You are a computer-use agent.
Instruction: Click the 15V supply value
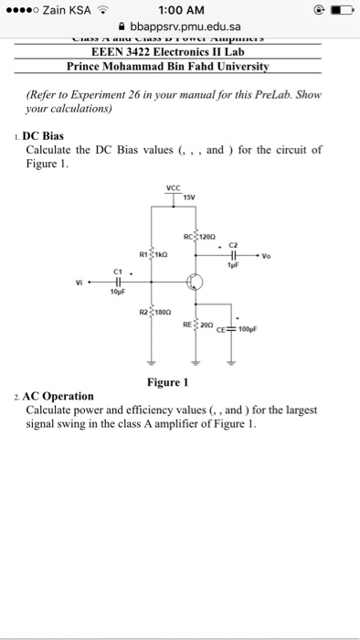pos(189,197)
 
